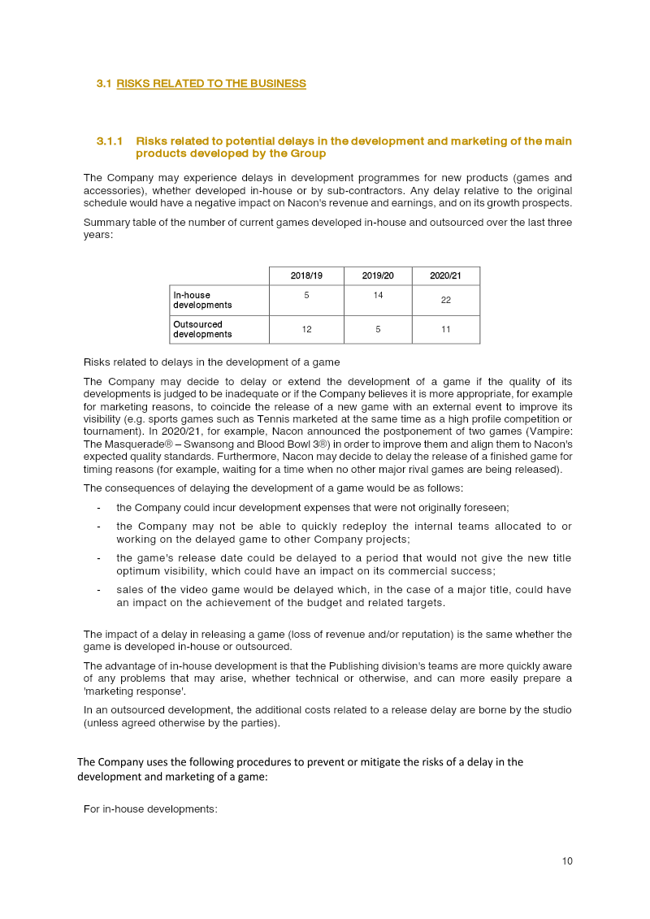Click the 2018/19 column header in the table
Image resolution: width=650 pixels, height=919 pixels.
(x=306, y=276)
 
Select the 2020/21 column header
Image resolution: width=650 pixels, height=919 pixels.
(x=445, y=276)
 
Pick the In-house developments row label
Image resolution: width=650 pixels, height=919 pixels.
(x=202, y=300)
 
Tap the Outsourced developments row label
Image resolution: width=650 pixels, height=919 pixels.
(x=202, y=329)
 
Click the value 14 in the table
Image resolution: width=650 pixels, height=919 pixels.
(x=378, y=295)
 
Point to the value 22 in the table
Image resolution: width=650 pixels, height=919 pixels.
(x=445, y=300)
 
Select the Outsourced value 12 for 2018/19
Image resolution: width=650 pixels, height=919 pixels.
(x=306, y=329)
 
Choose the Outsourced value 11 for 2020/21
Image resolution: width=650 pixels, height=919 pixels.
(x=445, y=329)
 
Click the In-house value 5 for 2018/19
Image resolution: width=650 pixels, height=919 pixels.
(x=306, y=295)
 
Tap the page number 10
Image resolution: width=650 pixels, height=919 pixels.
(x=567, y=861)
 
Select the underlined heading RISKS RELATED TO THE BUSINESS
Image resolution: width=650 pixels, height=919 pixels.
(x=211, y=84)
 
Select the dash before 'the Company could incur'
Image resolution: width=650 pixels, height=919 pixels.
(x=98, y=508)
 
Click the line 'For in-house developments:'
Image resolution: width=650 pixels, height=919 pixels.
(x=150, y=808)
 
